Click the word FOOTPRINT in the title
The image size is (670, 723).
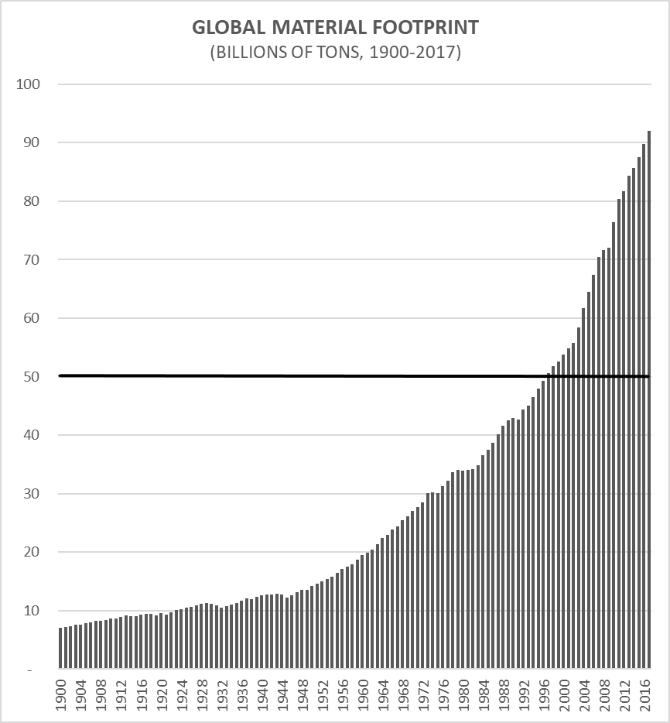tap(432, 29)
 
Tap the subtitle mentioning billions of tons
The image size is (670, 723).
tap(335, 54)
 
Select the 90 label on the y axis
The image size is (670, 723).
tap(32, 143)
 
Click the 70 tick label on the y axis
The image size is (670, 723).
tap(32, 260)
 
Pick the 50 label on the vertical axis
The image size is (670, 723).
tap(32, 377)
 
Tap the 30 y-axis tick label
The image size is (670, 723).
tap(32, 494)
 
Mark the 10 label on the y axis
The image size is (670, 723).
tap(32, 611)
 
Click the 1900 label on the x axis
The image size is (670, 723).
tap(61, 693)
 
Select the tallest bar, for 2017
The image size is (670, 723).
tap(649, 403)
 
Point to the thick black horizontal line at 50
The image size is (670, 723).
tap(309, 376)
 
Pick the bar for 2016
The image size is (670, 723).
tap(644, 410)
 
